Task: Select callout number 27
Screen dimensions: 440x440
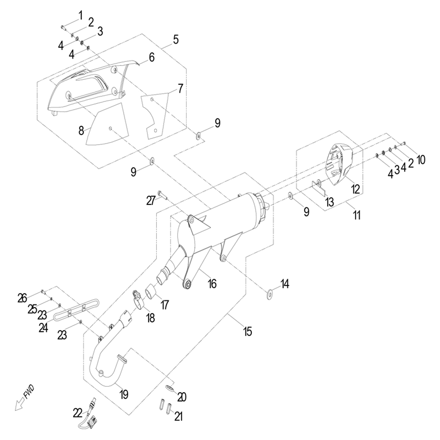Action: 150,201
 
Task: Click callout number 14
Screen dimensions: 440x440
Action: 285,284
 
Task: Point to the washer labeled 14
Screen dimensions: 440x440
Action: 269,295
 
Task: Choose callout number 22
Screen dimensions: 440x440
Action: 77,413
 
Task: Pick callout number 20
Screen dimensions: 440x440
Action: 182,397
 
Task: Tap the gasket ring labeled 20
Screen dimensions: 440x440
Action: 170,388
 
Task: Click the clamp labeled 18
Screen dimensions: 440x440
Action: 138,299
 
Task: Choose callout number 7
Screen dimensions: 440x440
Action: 180,89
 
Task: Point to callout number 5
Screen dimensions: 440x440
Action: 175,40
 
